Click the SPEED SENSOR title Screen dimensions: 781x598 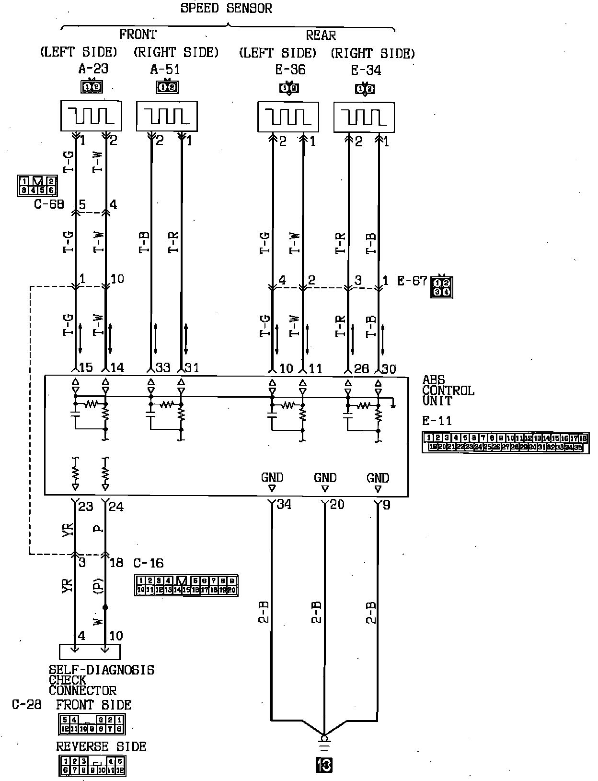pos(226,9)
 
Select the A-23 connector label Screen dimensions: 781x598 pos(93,69)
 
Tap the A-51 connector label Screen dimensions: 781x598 pos(165,69)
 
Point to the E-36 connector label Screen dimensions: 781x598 pos(290,70)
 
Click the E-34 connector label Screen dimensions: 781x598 pos(366,70)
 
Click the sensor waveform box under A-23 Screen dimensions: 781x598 pos(91,116)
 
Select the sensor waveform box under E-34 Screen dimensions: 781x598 pos(364,117)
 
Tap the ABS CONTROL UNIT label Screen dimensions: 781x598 pos(448,390)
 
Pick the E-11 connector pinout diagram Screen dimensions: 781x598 pos(506,442)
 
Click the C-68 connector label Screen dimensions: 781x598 pos(49,204)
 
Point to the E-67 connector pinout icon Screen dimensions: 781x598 pos(442,286)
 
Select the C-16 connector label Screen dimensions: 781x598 pos(148,563)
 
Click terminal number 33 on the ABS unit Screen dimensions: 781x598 pos(163,368)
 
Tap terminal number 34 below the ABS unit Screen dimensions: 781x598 pos(284,504)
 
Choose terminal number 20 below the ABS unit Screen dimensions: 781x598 pos(337,504)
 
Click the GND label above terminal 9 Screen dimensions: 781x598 pos(378,478)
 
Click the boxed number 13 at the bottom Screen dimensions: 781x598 pos(324,765)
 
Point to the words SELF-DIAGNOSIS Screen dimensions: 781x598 pos(102,670)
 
